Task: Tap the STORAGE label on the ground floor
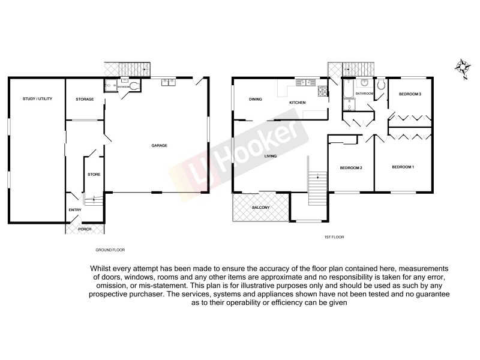tap(85, 99)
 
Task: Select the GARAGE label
tap(159, 145)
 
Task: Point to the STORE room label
tap(94, 175)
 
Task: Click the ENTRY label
tap(75, 209)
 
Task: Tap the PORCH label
tap(76, 229)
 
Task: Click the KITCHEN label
tap(298, 103)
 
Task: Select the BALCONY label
tap(260, 208)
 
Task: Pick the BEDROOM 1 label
tap(403, 166)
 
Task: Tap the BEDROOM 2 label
tap(351, 167)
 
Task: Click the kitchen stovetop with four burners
tap(322, 91)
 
